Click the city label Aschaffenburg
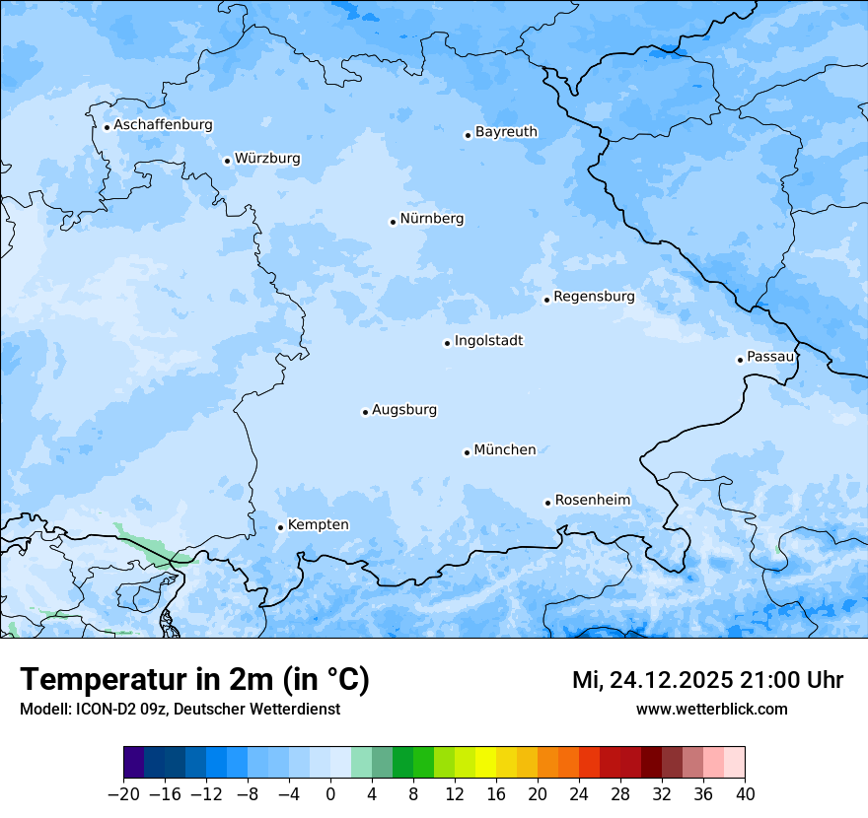pos(163,125)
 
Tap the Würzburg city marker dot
pos(227,161)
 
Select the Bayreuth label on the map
pos(506,131)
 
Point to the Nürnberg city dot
pos(393,222)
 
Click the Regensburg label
pos(594,296)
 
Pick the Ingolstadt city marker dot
pos(447,343)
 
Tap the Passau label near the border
pos(770,356)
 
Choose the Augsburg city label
pos(404,409)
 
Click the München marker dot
pos(467,452)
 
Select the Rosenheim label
pos(592,500)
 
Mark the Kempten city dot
pos(280,527)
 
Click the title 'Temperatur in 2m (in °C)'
pos(194,679)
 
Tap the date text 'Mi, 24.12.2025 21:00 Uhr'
pos(707,680)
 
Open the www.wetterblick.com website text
pos(711,709)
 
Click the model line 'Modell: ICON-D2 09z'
pos(180,709)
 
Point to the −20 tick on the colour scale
pos(123,794)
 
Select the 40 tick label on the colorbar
pos(745,794)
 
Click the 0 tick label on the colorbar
pos(330,794)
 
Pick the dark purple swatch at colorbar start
pos(134,763)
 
